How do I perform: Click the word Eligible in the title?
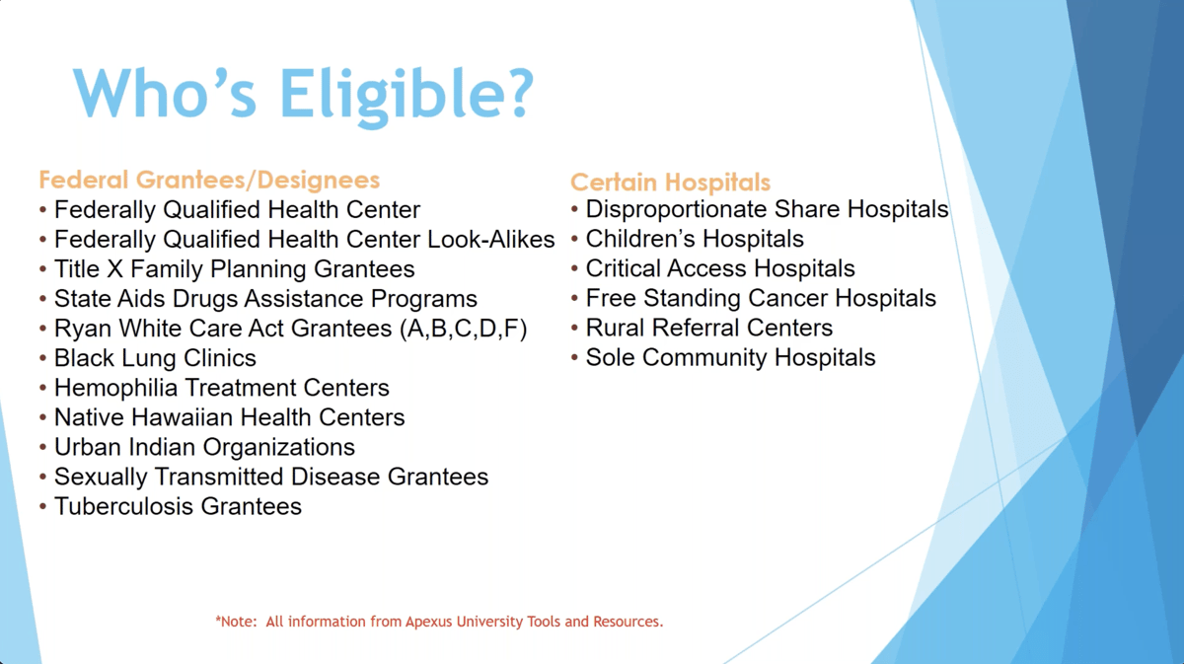(x=407, y=94)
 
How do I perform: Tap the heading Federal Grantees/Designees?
(x=209, y=180)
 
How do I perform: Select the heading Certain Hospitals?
(x=670, y=183)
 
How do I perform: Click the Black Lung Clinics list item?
(x=155, y=358)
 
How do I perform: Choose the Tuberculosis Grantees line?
(x=178, y=506)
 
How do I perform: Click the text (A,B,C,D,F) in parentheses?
(x=464, y=329)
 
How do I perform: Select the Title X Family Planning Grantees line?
(x=234, y=269)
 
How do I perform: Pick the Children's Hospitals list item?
(x=695, y=239)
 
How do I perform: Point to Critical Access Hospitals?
(x=720, y=268)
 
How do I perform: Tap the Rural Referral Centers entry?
(x=708, y=328)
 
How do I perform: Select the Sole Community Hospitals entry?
(x=730, y=357)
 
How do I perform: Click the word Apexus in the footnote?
(x=431, y=623)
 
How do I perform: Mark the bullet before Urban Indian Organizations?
(x=43, y=448)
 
